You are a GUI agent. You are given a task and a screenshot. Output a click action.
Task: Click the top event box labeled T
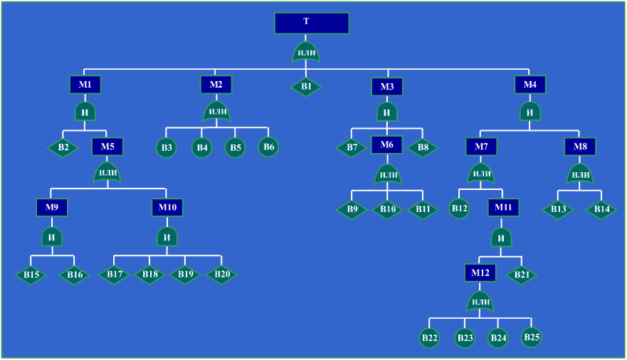tap(312, 23)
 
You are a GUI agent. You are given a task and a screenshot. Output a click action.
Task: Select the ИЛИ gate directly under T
tap(306, 53)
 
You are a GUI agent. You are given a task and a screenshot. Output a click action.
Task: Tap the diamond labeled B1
tap(306, 87)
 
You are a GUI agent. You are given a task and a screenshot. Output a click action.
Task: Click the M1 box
tap(85, 85)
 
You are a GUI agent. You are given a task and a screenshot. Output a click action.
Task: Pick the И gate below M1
tap(85, 112)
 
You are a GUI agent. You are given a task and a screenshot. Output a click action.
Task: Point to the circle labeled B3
tap(167, 147)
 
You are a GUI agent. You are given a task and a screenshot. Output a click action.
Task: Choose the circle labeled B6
tap(268, 147)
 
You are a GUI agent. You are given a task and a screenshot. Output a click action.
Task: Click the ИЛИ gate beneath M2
tap(217, 111)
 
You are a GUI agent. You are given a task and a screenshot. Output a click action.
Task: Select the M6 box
tap(386, 144)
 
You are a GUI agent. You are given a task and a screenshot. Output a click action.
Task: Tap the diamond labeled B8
tap(423, 147)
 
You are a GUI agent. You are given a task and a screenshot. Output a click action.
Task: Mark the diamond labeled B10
tap(387, 209)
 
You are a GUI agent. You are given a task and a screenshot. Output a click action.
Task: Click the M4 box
tap(529, 85)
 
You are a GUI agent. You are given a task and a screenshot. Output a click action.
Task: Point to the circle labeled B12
tap(460, 208)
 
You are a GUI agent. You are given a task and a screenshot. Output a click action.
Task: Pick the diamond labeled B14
tap(601, 209)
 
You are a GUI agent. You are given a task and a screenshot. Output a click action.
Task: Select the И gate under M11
tap(501, 238)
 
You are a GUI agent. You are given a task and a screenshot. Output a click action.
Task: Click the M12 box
tap(480, 273)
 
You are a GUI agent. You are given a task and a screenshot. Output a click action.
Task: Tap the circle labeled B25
tap(532, 337)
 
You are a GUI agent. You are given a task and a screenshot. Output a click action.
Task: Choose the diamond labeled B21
tap(522, 275)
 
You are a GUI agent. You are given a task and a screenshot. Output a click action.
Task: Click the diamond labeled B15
tap(31, 275)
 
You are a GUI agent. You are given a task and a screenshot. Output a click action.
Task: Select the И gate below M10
tap(167, 237)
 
